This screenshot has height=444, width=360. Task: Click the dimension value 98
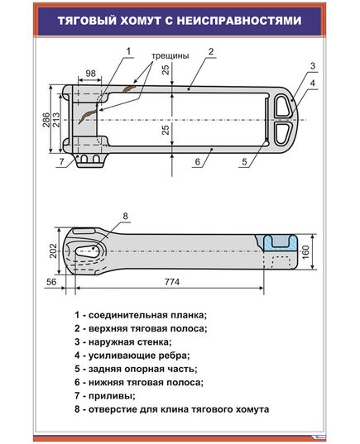[90, 74]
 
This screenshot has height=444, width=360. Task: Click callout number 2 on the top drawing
[211, 51]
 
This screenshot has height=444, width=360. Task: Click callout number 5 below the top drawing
[245, 163]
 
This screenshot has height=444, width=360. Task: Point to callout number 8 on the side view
[126, 217]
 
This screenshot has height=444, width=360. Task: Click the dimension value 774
[171, 283]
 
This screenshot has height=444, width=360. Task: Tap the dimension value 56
[51, 283]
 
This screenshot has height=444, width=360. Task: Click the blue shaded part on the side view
[278, 241]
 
